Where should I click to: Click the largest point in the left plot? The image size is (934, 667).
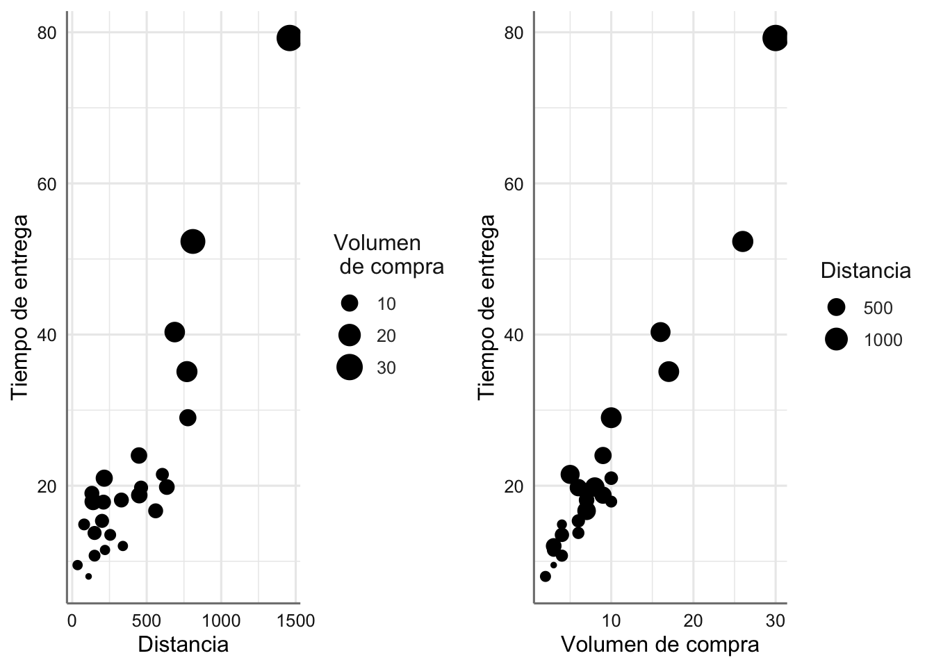pos(289,38)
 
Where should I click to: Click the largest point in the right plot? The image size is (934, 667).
pos(776,38)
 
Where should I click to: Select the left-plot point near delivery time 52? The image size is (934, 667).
pos(192,242)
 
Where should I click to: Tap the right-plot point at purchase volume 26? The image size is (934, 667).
pos(743,242)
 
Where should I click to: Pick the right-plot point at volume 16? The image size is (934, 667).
pos(660,332)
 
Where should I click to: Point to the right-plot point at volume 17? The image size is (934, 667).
pos(669,372)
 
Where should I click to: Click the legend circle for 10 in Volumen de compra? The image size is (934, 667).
pos(350,303)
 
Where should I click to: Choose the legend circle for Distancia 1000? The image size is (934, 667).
pos(836,339)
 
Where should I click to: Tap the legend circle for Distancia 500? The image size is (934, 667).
pos(836,307)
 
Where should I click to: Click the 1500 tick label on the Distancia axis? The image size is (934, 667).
pos(296,620)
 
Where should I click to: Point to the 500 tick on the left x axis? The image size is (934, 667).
pos(146,620)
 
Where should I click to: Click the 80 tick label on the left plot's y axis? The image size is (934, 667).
pos(46,33)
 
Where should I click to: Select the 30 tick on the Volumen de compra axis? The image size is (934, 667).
pos(776,620)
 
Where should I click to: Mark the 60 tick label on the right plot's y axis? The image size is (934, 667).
pos(514,184)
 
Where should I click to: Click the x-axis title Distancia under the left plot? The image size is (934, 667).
pos(183,645)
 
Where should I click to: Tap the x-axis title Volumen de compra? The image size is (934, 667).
pos(659,645)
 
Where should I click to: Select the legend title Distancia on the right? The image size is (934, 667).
pos(865,271)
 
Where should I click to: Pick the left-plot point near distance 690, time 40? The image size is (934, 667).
pos(174,332)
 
